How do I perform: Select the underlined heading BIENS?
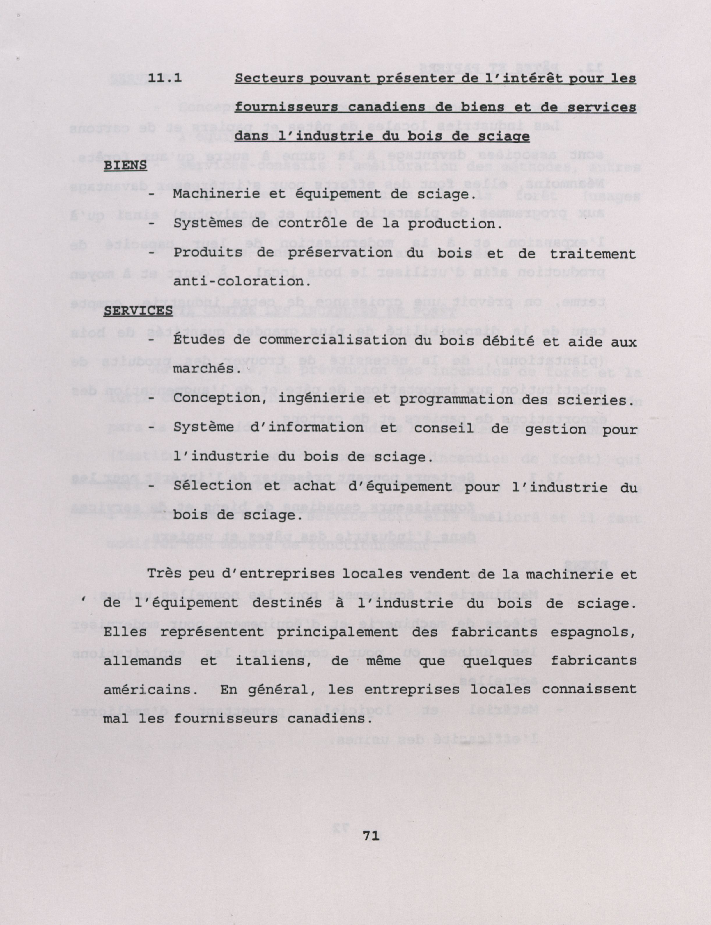click(125, 166)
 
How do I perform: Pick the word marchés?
click(204, 369)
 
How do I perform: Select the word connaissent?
click(589, 689)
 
